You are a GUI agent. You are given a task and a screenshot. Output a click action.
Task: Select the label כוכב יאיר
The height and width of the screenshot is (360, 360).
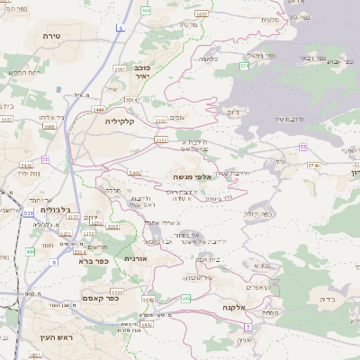[x=141, y=72]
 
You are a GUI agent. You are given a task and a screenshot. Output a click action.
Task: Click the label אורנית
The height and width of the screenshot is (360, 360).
[x=135, y=258]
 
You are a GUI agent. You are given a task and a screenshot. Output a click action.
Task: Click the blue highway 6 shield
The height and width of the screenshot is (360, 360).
[x=120, y=28]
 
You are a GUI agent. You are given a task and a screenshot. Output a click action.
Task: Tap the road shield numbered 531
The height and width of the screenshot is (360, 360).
[x=28, y=213]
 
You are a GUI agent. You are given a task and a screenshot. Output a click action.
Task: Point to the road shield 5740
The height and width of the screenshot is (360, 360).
[x=313, y=165]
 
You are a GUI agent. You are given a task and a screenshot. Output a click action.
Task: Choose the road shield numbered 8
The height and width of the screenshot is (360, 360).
[x=54, y=262]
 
